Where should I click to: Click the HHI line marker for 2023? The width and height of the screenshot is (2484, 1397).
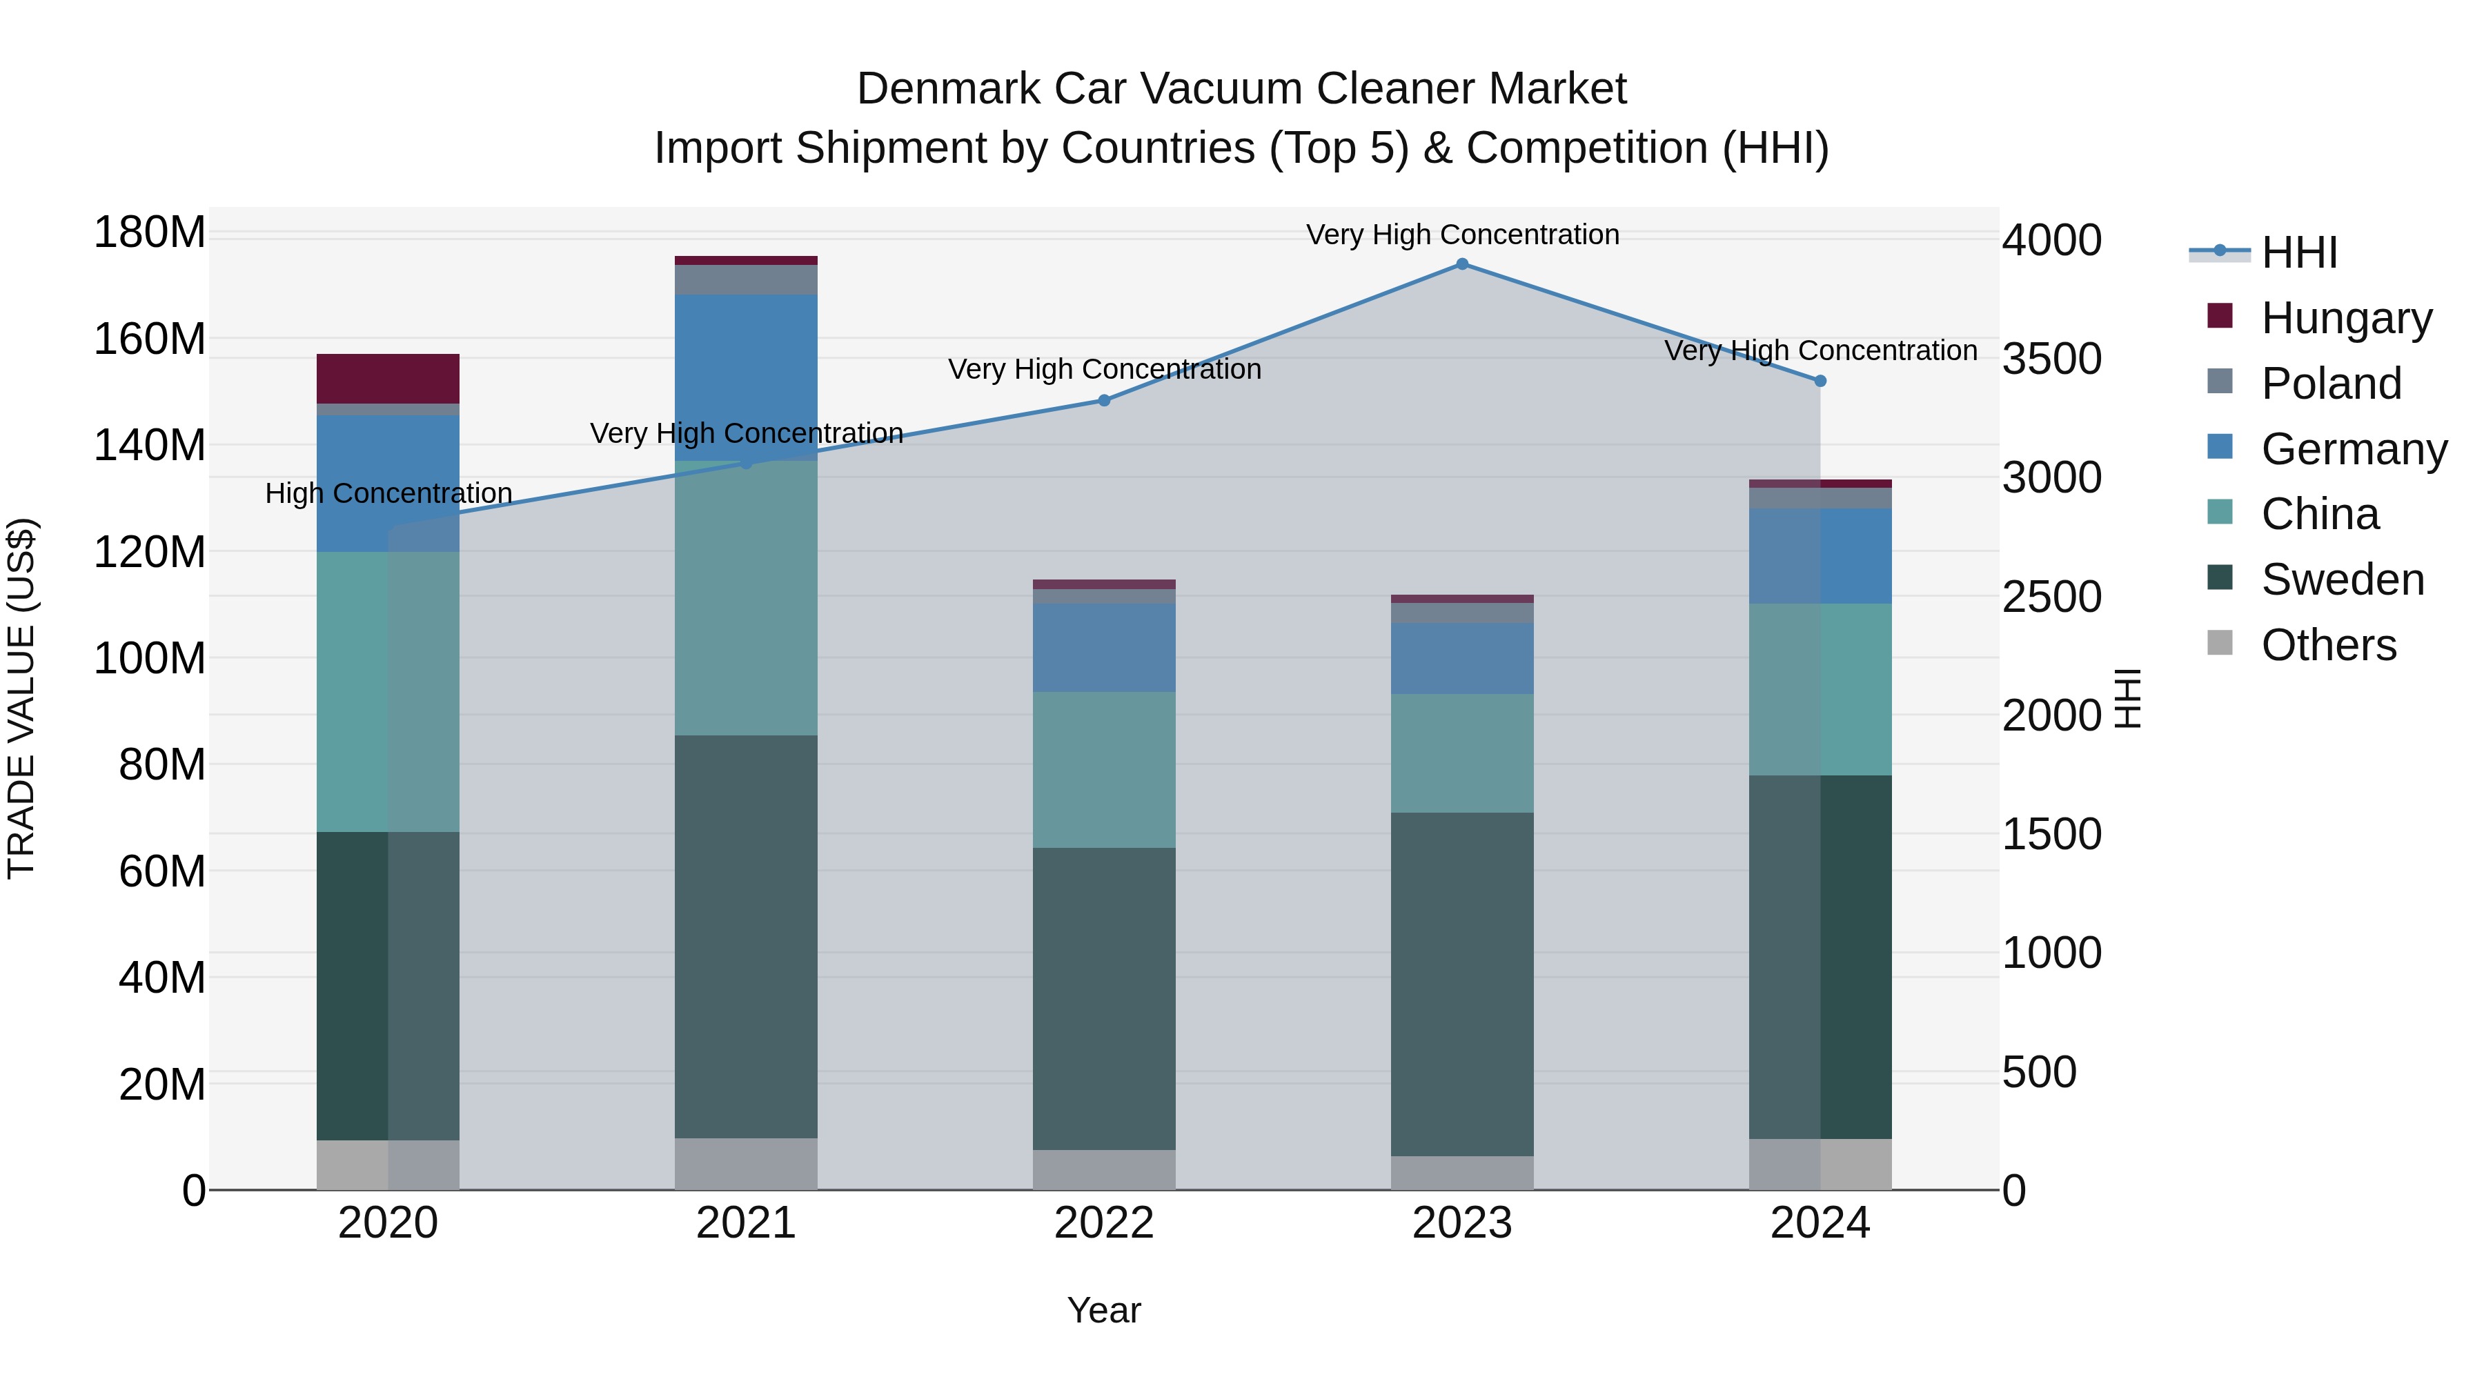pyautogui.click(x=1462, y=264)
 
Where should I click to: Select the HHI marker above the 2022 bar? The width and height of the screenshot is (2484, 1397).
pyautogui.click(x=1104, y=400)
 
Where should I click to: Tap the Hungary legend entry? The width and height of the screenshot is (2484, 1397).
pyautogui.click(x=2345, y=318)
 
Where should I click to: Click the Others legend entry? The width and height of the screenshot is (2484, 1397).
pyautogui.click(x=2328, y=645)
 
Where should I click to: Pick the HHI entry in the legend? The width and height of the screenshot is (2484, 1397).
pyautogui.click(x=2299, y=252)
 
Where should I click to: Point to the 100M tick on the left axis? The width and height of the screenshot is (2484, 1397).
pyautogui.click(x=150, y=659)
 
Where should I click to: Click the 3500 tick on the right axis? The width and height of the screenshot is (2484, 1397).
pyautogui.click(x=2051, y=359)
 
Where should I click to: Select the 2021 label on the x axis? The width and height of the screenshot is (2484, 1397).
pyautogui.click(x=745, y=1223)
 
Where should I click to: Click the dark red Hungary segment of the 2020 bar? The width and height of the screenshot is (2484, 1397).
pyautogui.click(x=388, y=379)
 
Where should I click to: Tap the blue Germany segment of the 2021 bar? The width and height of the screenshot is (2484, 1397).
pyautogui.click(x=745, y=376)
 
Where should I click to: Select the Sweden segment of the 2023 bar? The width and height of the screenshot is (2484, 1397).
pyautogui.click(x=1462, y=983)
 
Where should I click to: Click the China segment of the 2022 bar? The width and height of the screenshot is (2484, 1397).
pyautogui.click(x=1104, y=769)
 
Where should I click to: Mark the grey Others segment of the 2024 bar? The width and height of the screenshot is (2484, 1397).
pyautogui.click(x=1820, y=1164)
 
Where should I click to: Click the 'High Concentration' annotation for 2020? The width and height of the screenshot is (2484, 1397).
pyautogui.click(x=388, y=494)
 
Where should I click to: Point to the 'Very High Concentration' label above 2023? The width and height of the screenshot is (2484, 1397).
pyautogui.click(x=1462, y=235)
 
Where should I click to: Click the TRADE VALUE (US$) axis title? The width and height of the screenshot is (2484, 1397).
pyautogui.click(x=21, y=698)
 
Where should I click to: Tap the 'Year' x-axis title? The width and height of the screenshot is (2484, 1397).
pyautogui.click(x=1104, y=1310)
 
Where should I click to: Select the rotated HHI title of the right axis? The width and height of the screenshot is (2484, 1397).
pyautogui.click(x=2127, y=698)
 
